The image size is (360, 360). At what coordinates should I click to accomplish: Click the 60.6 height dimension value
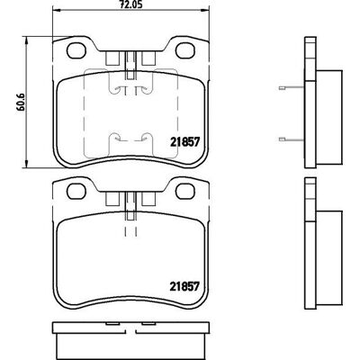pos(21,102)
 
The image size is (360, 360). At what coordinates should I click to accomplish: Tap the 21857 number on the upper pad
pos(184,142)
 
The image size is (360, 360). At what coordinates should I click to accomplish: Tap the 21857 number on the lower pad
pos(184,286)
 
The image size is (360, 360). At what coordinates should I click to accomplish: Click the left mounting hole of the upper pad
pos(76,50)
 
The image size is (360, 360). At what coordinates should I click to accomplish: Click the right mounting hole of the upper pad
pos(185,50)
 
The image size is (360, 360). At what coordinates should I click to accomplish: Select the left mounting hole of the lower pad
pos(76,191)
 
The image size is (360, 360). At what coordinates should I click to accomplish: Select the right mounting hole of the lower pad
pos(185,191)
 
